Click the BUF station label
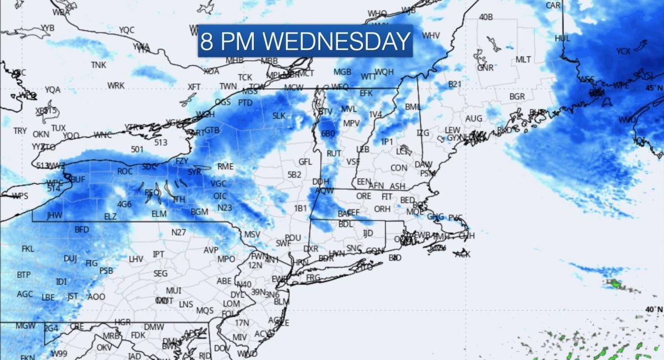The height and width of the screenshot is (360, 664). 78,180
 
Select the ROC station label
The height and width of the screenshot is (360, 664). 125,171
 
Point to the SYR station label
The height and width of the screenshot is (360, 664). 195,172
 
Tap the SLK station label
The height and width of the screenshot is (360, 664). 278,116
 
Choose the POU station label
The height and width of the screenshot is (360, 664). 293,237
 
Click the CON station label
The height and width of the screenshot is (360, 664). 398,168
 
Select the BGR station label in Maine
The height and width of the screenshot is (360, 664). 517,96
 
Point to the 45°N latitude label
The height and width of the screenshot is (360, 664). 653,87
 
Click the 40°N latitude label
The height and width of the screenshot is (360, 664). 653,309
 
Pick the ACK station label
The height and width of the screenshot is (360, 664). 463,254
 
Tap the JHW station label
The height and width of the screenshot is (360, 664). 55,215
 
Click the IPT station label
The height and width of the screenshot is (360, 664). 158,254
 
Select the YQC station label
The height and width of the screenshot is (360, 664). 127,30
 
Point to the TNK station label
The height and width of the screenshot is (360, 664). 98,65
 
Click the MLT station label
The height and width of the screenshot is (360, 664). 523,59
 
